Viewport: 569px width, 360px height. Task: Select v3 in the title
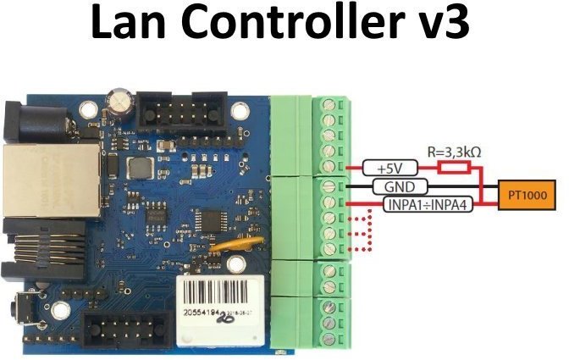[x=439, y=25]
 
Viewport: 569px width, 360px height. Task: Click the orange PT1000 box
[x=527, y=195]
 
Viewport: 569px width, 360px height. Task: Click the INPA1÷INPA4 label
[x=415, y=203]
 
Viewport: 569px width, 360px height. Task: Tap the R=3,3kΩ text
[x=456, y=153]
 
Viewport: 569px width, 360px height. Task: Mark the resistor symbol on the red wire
[x=456, y=168]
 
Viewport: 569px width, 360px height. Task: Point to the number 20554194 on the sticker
[x=204, y=314]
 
